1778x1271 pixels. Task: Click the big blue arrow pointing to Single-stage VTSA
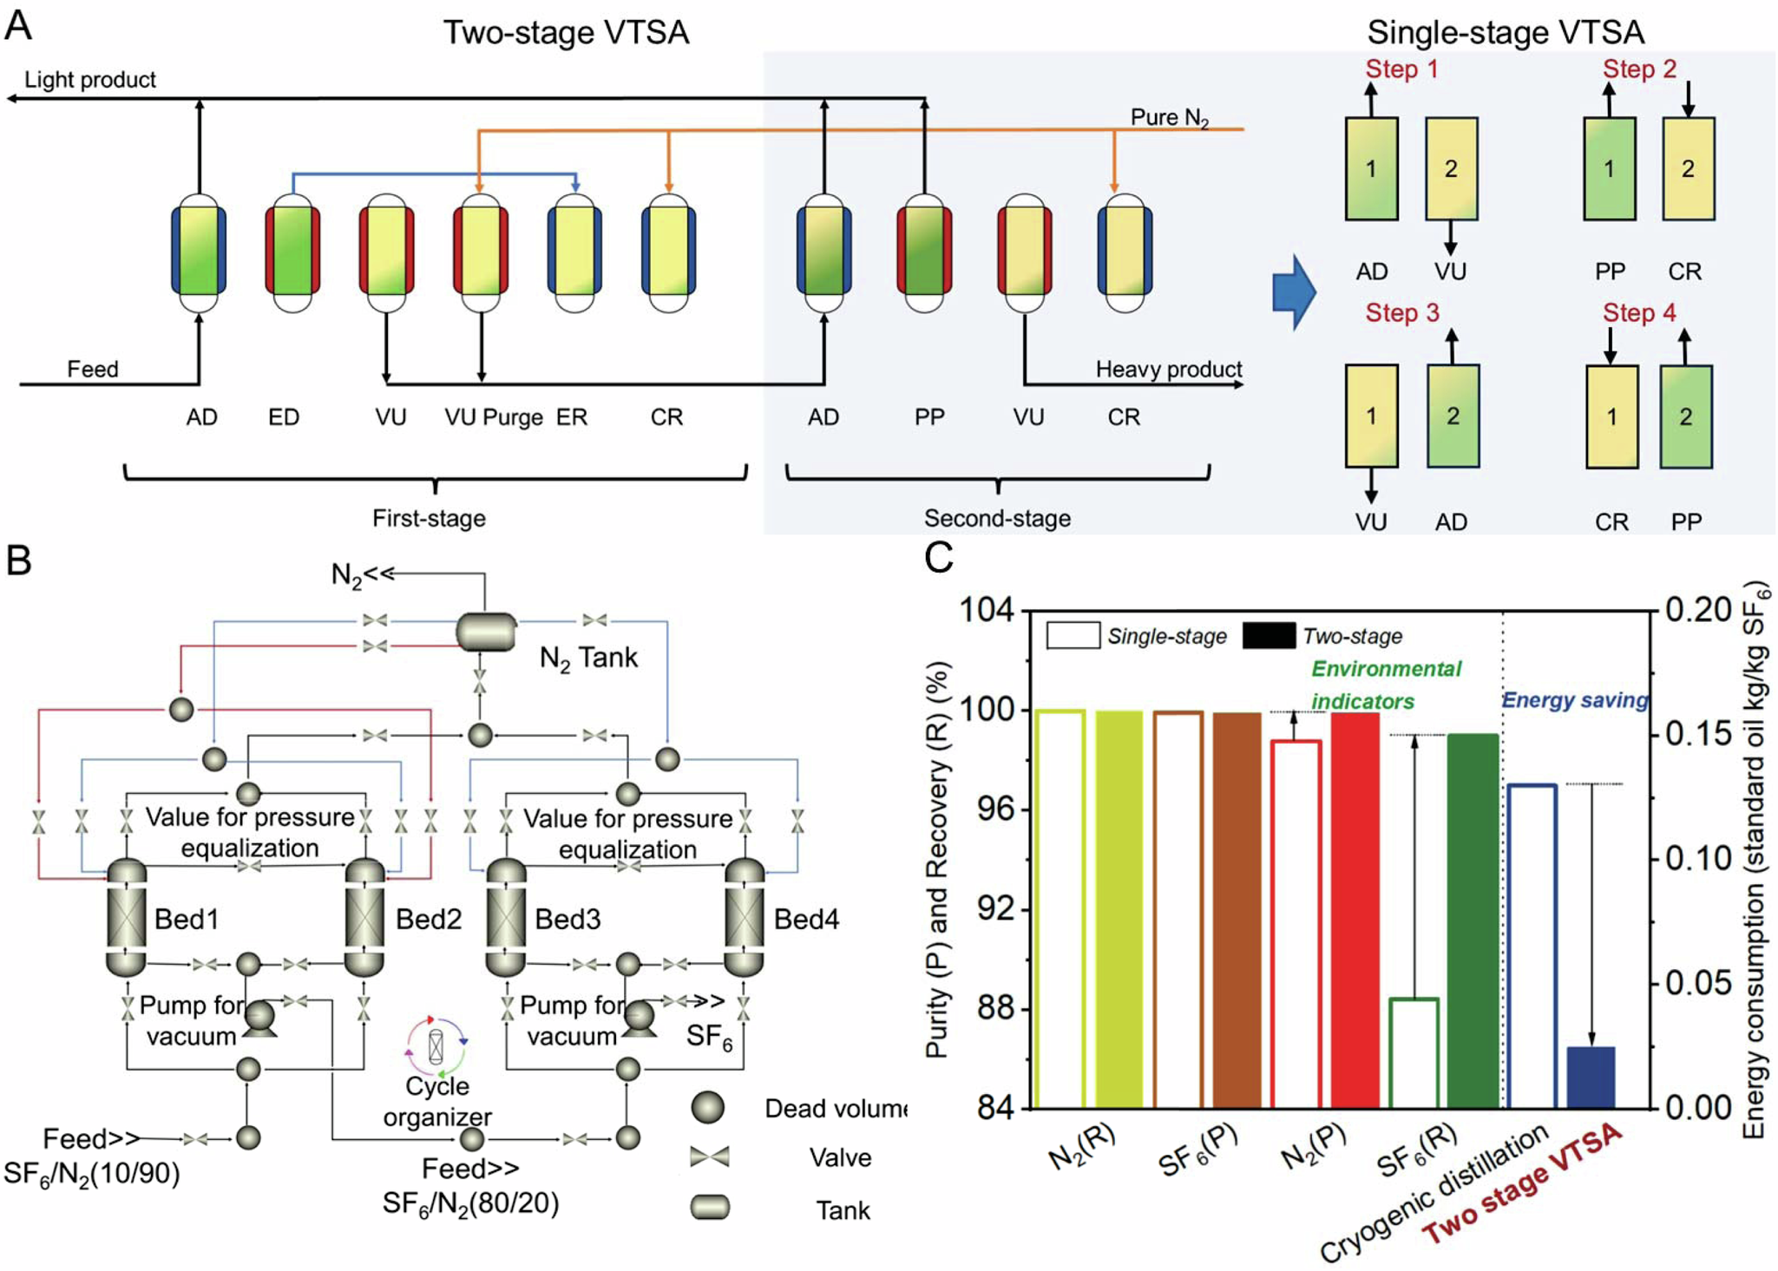tap(1294, 292)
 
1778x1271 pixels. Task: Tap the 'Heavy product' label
tap(1168, 370)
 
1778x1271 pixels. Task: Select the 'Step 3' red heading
tap(1401, 313)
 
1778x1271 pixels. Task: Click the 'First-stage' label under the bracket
tap(429, 519)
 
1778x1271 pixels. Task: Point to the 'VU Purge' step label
tap(494, 417)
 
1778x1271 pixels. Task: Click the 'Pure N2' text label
tap(1169, 118)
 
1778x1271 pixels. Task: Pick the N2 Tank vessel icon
tap(486, 632)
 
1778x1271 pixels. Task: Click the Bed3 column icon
tap(506, 917)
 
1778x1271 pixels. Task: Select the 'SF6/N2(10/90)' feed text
tap(92, 1175)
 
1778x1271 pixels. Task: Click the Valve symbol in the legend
tap(709, 1156)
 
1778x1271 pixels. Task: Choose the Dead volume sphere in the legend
tap(708, 1108)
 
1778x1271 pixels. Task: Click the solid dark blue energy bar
tap(1591, 1078)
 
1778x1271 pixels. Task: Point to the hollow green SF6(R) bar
tap(1414, 1052)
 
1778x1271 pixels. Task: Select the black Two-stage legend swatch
tap(1269, 636)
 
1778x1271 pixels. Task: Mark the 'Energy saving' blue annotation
tap(1574, 700)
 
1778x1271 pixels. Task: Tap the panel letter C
tap(939, 558)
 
